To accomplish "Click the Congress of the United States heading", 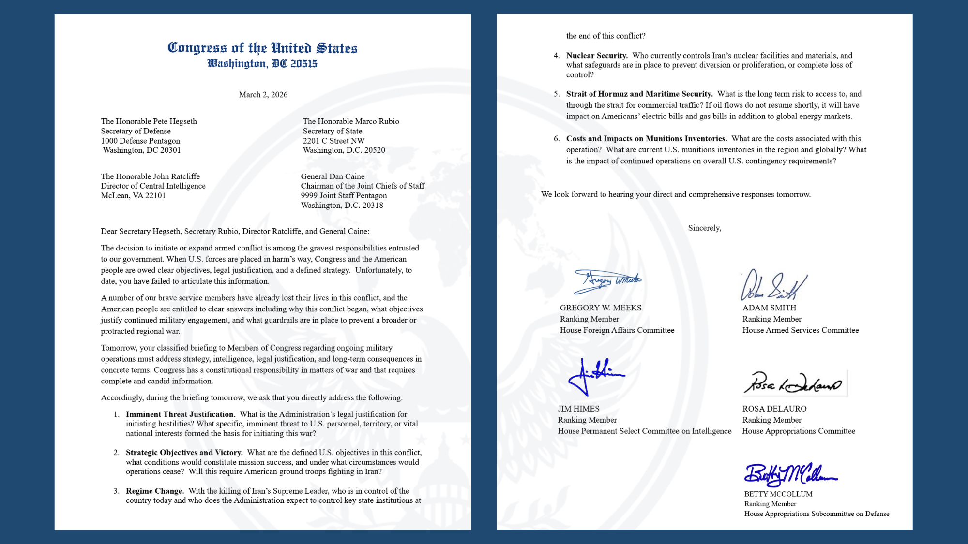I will click(x=262, y=48).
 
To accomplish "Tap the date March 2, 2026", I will click(x=263, y=95).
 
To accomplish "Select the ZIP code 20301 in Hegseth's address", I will click(x=170, y=150).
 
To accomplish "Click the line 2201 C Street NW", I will click(x=333, y=141).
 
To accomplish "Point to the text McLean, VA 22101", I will click(x=133, y=196).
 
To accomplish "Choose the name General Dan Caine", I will click(x=333, y=176).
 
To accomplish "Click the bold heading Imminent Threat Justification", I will click(x=180, y=414).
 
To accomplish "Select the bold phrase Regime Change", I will click(x=154, y=491).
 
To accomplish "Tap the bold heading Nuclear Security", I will click(x=597, y=56).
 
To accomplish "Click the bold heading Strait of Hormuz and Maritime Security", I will click(x=639, y=94).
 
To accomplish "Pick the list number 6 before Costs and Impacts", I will click(x=557, y=139).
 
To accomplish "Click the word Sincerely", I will click(x=704, y=228).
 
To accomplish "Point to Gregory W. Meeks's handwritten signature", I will click(x=607, y=281).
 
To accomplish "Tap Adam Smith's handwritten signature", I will click(x=773, y=286).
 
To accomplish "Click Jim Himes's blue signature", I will click(x=595, y=376).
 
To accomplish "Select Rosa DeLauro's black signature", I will click(x=792, y=383).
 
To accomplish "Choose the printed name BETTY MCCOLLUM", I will click(x=778, y=494).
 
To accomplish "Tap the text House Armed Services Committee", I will click(x=800, y=330).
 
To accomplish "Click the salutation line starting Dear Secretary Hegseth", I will click(x=235, y=232).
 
